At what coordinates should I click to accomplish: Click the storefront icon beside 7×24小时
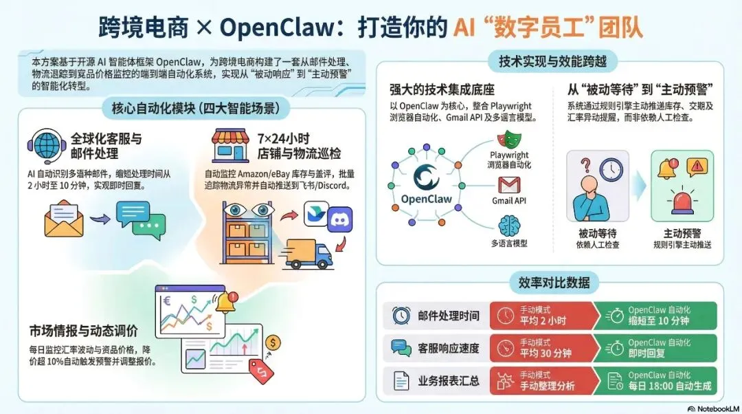click(x=231, y=145)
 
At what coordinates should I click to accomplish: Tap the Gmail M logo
click(x=509, y=184)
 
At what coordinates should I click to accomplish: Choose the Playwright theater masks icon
click(x=509, y=142)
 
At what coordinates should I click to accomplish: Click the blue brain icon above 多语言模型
click(x=509, y=225)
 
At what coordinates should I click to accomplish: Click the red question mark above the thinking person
click(x=586, y=166)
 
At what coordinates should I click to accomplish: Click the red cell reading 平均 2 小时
click(x=541, y=316)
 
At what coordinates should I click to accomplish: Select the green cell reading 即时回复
click(x=655, y=348)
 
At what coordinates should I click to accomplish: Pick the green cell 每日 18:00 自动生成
click(x=655, y=380)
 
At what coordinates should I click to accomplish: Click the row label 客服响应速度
click(x=449, y=348)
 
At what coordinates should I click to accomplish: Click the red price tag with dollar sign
click(x=262, y=371)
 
